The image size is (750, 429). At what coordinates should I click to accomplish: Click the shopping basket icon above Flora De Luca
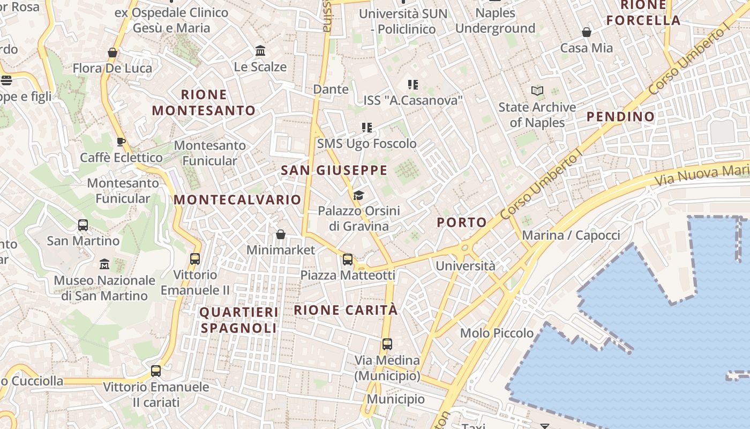[112, 53]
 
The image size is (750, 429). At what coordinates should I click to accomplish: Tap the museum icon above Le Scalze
[260, 51]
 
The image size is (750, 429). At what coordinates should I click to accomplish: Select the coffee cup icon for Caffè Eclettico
[121, 142]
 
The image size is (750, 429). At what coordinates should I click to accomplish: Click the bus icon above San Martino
[83, 225]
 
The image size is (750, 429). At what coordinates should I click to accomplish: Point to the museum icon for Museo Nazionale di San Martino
[104, 264]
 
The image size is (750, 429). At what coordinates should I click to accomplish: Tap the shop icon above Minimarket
[280, 234]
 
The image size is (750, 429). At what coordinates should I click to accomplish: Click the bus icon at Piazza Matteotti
[348, 260]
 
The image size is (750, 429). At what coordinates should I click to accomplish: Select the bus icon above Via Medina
[387, 344]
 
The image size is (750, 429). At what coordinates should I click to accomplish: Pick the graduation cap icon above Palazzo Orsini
[358, 195]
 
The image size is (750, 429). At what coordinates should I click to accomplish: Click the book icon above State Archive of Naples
[537, 91]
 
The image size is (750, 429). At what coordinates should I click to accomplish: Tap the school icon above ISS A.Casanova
[412, 84]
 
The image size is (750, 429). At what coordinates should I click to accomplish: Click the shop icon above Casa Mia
[587, 32]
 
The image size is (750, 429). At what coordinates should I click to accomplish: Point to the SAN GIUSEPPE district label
[334, 171]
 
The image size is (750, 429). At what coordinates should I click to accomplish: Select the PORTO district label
[462, 222]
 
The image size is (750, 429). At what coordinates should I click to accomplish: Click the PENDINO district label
[620, 116]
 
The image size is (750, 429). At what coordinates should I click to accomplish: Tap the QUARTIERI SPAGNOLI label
[239, 320]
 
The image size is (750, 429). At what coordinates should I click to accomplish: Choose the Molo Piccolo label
[497, 333]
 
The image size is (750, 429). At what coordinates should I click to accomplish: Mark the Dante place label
[331, 89]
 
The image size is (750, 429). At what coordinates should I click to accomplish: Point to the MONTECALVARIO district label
[238, 199]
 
